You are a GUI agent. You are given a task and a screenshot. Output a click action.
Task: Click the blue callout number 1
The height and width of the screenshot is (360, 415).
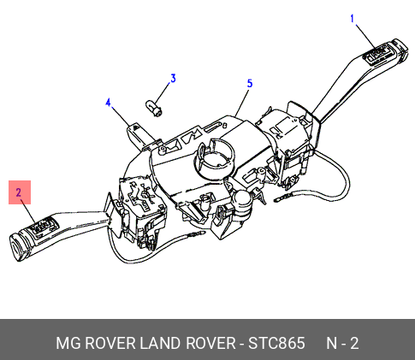[353, 19]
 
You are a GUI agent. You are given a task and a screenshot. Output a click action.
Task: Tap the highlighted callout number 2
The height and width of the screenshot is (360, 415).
[19, 192]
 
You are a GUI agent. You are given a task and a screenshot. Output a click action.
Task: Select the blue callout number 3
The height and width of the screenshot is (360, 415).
[173, 79]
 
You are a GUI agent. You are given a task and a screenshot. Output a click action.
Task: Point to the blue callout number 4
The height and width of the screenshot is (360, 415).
[108, 103]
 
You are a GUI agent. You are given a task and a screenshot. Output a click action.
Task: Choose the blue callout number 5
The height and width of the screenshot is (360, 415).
[250, 84]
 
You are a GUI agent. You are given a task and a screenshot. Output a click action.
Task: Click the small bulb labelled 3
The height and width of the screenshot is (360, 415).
[154, 109]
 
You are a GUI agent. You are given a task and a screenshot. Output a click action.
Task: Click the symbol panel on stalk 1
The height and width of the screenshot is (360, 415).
[376, 55]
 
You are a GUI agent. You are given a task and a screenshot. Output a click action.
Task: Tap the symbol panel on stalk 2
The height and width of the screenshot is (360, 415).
[43, 226]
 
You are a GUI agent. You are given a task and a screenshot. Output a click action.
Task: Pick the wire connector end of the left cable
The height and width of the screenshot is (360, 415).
[196, 234]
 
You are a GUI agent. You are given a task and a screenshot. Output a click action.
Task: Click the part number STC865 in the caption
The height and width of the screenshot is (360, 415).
[276, 343]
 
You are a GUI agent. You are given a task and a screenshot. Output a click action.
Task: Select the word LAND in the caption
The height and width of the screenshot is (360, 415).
[160, 343]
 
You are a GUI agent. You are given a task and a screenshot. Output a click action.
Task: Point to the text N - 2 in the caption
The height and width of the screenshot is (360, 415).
[342, 343]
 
